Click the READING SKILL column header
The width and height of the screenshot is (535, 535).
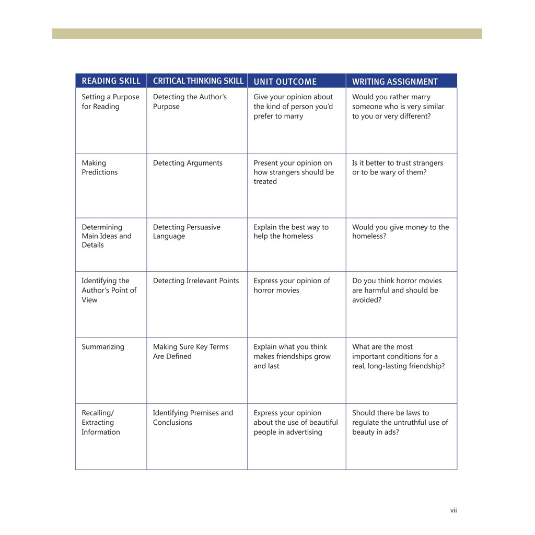pyautogui.click(x=111, y=81)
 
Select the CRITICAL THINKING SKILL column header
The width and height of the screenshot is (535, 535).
pyautogui.click(x=198, y=81)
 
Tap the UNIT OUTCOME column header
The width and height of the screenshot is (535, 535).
pyautogui.click(x=285, y=82)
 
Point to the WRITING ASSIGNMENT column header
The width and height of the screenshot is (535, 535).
pyautogui.click(x=394, y=82)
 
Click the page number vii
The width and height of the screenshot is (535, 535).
pyautogui.click(x=453, y=510)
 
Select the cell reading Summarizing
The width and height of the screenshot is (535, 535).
pyautogui.click(x=103, y=347)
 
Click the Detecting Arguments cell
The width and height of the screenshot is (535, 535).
pyautogui.click(x=188, y=163)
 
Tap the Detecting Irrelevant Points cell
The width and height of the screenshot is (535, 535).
pyautogui.click(x=195, y=281)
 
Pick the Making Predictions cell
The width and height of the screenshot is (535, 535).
pyautogui.click(x=100, y=168)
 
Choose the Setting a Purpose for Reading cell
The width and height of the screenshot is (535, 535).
pyautogui.click(x=110, y=102)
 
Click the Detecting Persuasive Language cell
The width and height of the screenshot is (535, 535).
pyautogui.click(x=187, y=231)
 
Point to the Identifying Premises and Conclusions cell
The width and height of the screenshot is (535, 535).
pyautogui.click(x=193, y=417)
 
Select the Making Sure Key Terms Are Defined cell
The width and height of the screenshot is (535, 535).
pyautogui.click(x=191, y=352)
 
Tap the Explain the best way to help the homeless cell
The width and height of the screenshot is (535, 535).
pyautogui.click(x=291, y=231)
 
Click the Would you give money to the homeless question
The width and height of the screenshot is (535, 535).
pyautogui.click(x=400, y=231)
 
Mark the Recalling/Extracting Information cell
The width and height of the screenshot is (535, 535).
pyautogui.click(x=100, y=422)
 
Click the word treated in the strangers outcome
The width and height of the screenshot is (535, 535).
pyautogui.click(x=265, y=182)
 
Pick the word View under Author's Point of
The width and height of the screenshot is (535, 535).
pyautogui.click(x=89, y=300)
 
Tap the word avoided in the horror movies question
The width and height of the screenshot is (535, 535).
pyautogui.click(x=367, y=300)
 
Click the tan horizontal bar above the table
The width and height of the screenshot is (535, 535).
pyautogui.click(x=267, y=33)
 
